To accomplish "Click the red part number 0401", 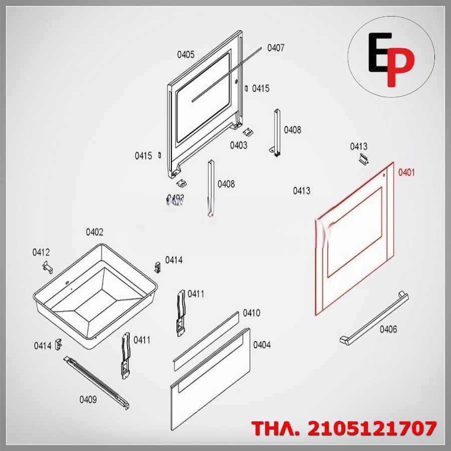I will pyautogui.click(x=406, y=172).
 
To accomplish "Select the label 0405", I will pyautogui.click(x=186, y=55).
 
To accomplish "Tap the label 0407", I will pyautogui.click(x=276, y=48).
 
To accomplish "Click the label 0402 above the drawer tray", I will pyautogui.click(x=94, y=232).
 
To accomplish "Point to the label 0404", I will pyautogui.click(x=262, y=345).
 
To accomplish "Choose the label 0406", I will pyautogui.click(x=388, y=329).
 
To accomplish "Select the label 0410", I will pyautogui.click(x=252, y=313).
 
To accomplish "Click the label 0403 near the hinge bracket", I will pyautogui.click(x=239, y=145).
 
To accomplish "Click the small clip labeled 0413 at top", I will pyautogui.click(x=365, y=159).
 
